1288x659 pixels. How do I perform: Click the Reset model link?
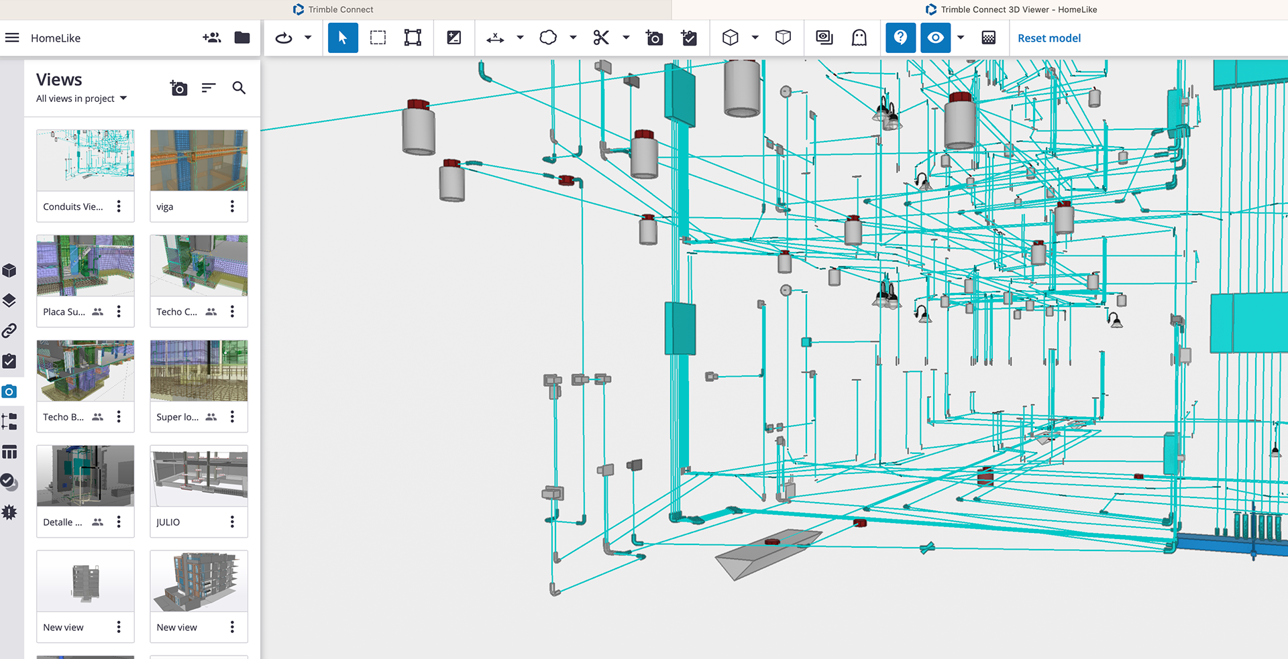pyautogui.click(x=1049, y=38)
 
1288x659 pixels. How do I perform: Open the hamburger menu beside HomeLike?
pyautogui.click(x=12, y=38)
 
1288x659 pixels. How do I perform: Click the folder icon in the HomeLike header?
pyautogui.click(x=242, y=38)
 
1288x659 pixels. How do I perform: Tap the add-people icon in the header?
pyautogui.click(x=212, y=38)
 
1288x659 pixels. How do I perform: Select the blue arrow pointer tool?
pyautogui.click(x=343, y=38)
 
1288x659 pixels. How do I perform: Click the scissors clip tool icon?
pyautogui.click(x=601, y=38)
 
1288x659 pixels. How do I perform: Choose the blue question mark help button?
pyautogui.click(x=901, y=38)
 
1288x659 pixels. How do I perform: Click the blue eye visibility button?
pyautogui.click(x=936, y=38)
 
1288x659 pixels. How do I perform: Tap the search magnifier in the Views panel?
pyautogui.click(x=239, y=88)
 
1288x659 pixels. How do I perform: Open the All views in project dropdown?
pyautogui.click(x=81, y=99)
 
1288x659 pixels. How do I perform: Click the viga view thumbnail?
pyautogui.click(x=199, y=160)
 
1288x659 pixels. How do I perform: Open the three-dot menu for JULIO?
pyautogui.click(x=232, y=522)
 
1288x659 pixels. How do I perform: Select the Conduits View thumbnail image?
pyautogui.click(x=85, y=160)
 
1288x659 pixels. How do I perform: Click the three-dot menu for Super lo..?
pyautogui.click(x=232, y=416)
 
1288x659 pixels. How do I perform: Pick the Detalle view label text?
pyautogui.click(x=62, y=522)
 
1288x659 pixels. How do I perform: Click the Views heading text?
pyautogui.click(x=59, y=80)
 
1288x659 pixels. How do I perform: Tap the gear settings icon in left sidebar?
pyautogui.click(x=9, y=512)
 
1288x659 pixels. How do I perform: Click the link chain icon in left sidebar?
pyautogui.click(x=9, y=331)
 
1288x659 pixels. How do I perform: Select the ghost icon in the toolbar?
pyautogui.click(x=859, y=38)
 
